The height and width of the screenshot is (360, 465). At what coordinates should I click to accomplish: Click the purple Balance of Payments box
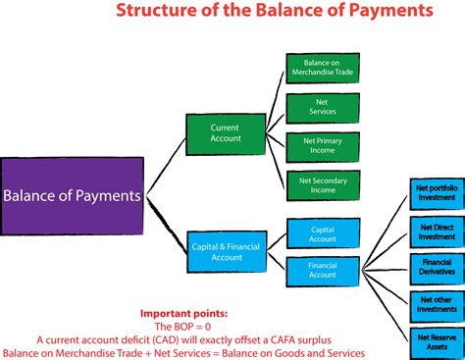(x=74, y=194)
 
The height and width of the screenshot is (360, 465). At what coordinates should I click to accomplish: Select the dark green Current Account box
(x=225, y=134)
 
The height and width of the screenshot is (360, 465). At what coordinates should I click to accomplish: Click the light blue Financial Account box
(x=321, y=269)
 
